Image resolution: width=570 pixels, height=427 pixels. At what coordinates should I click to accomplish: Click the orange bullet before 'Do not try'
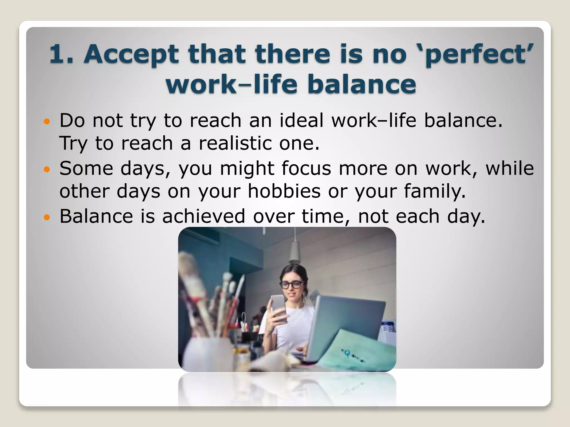pos(47,121)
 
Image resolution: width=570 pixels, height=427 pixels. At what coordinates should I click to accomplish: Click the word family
pos(434,192)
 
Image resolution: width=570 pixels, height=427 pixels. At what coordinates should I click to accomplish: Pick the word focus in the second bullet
pos(306,168)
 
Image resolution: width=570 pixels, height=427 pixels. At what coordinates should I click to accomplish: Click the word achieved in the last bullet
pos(203,216)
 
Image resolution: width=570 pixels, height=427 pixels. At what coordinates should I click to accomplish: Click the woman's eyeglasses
pos(291,285)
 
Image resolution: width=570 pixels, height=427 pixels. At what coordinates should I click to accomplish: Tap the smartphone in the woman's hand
pos(278,307)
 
